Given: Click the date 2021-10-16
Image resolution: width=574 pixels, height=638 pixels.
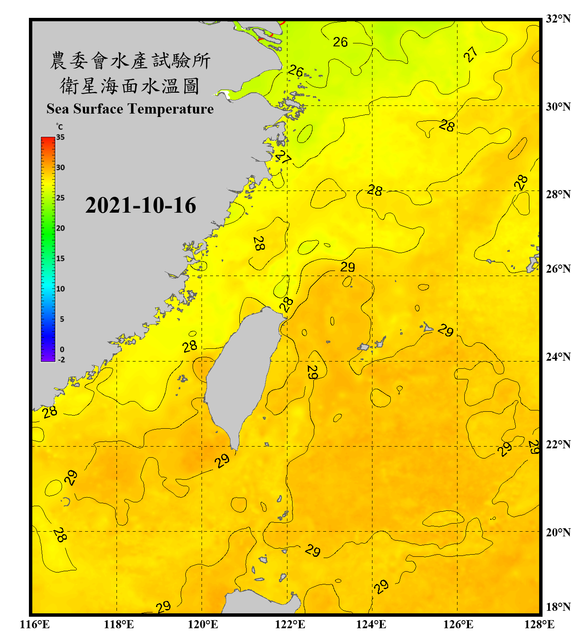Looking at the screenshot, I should tap(140, 205).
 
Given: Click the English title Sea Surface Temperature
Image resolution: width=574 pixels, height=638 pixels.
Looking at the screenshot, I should tap(130, 109).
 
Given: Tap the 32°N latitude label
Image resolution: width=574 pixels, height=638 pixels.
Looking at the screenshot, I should tap(558, 19).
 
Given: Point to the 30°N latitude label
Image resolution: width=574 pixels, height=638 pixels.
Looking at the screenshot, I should tap(558, 107).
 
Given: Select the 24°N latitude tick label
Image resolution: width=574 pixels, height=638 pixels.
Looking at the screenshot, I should tap(558, 356).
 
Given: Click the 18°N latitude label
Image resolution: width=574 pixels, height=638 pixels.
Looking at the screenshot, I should tap(558, 607).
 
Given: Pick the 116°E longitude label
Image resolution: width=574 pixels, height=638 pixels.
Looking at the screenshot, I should tap(34, 624).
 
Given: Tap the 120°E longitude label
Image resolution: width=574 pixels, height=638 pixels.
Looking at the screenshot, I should tap(203, 624).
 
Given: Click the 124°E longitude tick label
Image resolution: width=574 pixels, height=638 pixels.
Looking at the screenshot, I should tap(371, 624).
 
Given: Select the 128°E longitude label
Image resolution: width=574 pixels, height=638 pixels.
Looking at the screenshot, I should tap(539, 624).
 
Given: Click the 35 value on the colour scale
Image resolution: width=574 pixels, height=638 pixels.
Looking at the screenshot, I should tap(60, 137).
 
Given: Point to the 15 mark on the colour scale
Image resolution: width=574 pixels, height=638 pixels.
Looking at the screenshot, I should tap(60, 259).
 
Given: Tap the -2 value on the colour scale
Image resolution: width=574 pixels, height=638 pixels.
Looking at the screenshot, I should tap(61, 360).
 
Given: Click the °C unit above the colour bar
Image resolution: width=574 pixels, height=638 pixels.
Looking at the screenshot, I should tap(60, 127).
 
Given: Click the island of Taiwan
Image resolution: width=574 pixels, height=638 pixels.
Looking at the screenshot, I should tap(240, 374).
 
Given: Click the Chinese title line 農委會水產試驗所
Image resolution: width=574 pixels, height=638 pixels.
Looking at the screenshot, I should tap(130, 61).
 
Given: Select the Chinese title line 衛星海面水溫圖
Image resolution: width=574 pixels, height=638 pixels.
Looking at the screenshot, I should tap(130, 86).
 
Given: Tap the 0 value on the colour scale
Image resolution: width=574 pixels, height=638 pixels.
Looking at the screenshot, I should tap(62, 350).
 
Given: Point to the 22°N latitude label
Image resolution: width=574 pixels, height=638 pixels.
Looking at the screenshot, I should tap(558, 444).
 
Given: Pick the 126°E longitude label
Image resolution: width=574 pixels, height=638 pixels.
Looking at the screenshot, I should tap(458, 624).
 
